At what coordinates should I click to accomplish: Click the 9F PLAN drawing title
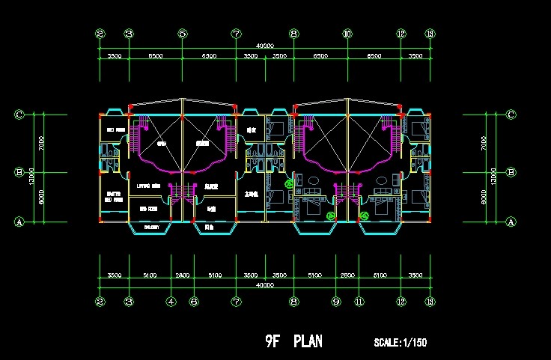click(293, 341)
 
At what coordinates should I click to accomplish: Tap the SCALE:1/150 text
click(400, 343)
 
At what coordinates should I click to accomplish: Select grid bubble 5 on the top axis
click(183, 34)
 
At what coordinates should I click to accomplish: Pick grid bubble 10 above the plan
click(347, 34)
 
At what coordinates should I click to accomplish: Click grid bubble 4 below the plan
click(171, 302)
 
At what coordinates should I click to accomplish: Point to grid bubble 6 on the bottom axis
click(194, 302)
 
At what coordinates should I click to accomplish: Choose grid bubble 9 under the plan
click(336, 302)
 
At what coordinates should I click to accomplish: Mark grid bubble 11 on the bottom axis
click(359, 302)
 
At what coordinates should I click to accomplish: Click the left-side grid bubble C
click(20, 115)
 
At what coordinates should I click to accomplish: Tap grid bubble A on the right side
click(511, 222)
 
